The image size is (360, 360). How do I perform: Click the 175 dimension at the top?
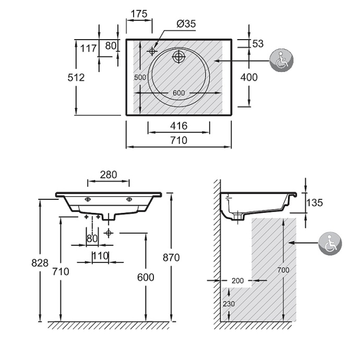click(139, 14)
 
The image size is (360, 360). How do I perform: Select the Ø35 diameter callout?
click(186, 23)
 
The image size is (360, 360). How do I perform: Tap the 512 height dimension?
click(76, 77)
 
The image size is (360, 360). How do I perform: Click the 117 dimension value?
click(89, 49)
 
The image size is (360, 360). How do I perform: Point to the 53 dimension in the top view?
click(258, 44)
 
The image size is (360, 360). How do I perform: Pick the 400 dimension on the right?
click(248, 77)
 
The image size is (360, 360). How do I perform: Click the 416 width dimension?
click(178, 126)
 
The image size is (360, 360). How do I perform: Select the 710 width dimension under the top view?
click(178, 140)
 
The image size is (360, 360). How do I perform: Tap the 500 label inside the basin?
click(139, 77)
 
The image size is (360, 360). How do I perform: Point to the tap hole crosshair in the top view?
click(152, 51)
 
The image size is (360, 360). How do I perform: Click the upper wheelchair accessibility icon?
click(282, 61)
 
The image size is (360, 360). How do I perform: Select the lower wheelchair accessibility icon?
click(330, 244)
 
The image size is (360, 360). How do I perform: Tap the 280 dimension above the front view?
click(108, 174)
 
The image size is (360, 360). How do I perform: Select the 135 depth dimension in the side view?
click(314, 203)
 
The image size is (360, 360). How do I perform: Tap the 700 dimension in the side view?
click(282, 270)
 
